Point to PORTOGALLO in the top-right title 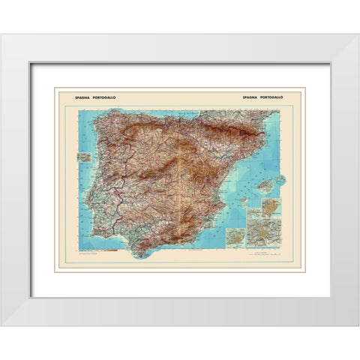[x=279, y=97]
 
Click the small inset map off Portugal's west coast [x=84, y=158]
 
